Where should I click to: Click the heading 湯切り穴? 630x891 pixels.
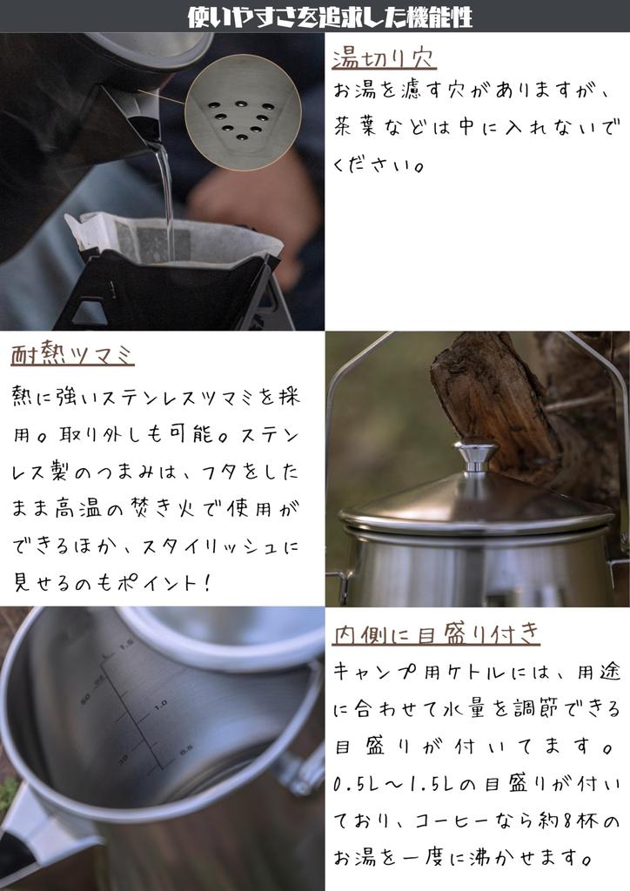384,58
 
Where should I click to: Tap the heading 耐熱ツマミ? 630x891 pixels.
72,355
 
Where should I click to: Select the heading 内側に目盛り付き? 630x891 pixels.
436,633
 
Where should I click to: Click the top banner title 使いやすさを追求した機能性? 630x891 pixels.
330,17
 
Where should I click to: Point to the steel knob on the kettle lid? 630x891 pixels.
475,454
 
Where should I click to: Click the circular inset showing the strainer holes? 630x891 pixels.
243,112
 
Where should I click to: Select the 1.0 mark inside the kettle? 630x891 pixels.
160,705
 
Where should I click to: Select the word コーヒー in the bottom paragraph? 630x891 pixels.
451,821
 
